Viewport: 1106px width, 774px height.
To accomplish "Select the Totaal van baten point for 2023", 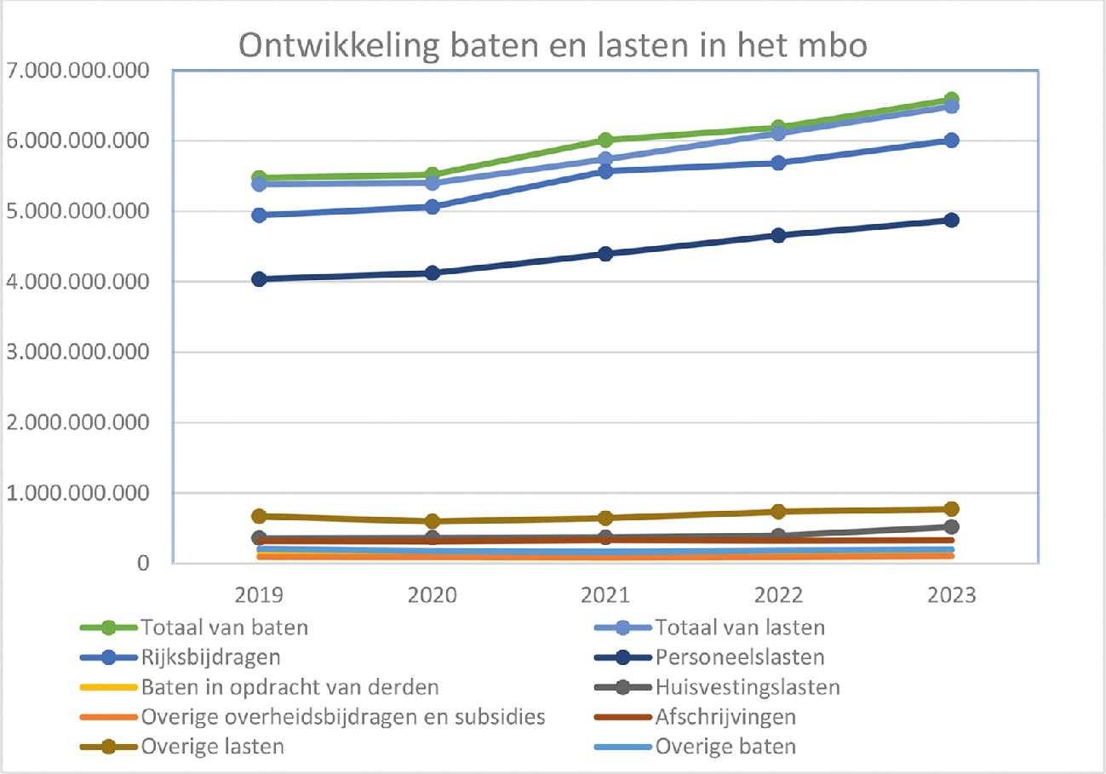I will pyautogui.click(x=952, y=100).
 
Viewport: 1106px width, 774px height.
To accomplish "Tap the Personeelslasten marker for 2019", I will pyautogui.click(x=260, y=278).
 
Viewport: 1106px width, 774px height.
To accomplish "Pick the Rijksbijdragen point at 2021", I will pyautogui.click(x=605, y=171).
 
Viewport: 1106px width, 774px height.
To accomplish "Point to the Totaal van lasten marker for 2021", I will pyautogui.click(x=605, y=159).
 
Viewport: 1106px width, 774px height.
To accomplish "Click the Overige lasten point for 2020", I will pyautogui.click(x=433, y=521).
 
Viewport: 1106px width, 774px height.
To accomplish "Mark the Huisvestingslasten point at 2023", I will pyautogui.click(x=952, y=527).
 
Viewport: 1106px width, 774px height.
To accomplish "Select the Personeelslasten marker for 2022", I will pyautogui.click(x=778, y=235).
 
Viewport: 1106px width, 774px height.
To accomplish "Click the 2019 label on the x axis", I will pyautogui.click(x=260, y=594).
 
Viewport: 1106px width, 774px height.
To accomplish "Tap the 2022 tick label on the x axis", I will pyautogui.click(x=778, y=594).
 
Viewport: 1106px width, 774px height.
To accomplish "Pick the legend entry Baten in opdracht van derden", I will pyautogui.click(x=289, y=687).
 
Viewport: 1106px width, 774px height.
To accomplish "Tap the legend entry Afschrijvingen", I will pyautogui.click(x=728, y=717).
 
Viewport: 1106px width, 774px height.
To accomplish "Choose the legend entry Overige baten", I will pyautogui.click(x=726, y=747).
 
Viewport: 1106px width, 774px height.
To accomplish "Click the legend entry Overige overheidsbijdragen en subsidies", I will pyautogui.click(x=343, y=717).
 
